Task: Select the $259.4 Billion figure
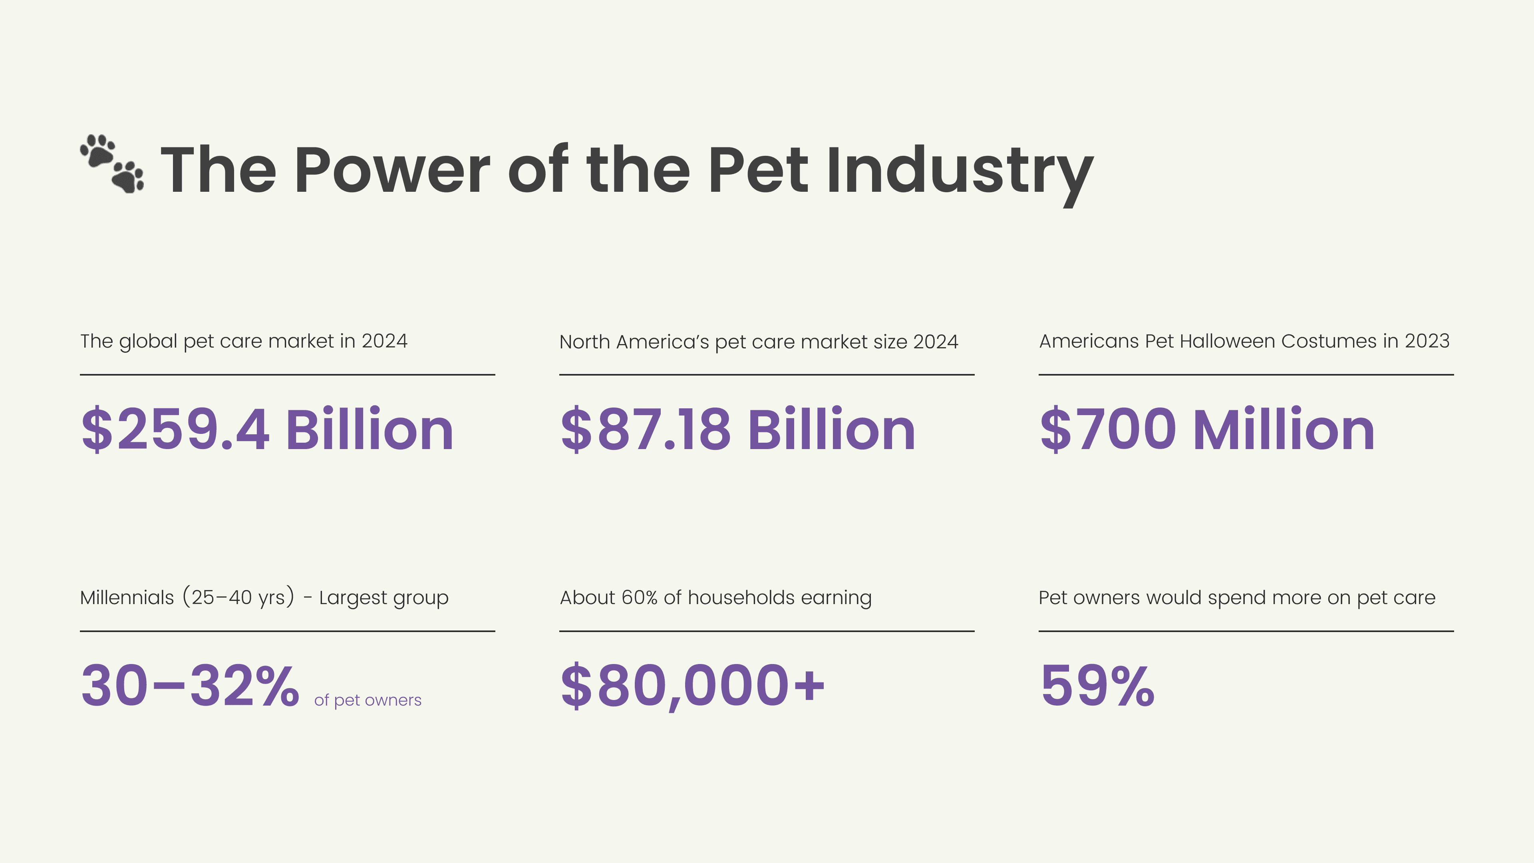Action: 267,430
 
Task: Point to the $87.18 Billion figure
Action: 737,430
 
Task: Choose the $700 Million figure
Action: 1206,430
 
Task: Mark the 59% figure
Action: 1097,686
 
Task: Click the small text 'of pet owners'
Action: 368,700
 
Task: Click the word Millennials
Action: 127,597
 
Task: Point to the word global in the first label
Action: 148,342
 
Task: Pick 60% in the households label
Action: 639,597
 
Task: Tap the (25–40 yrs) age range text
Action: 238,597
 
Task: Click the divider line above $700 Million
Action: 1246,375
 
